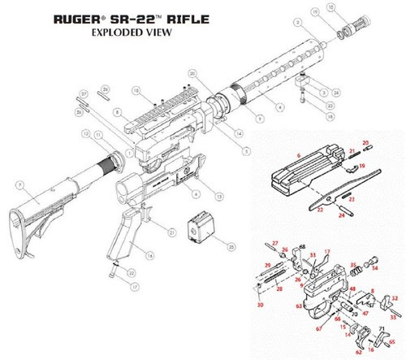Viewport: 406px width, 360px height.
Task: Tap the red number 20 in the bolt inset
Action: [365, 141]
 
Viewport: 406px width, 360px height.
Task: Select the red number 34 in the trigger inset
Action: [374, 267]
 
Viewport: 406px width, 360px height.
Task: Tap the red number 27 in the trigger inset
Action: [275, 243]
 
